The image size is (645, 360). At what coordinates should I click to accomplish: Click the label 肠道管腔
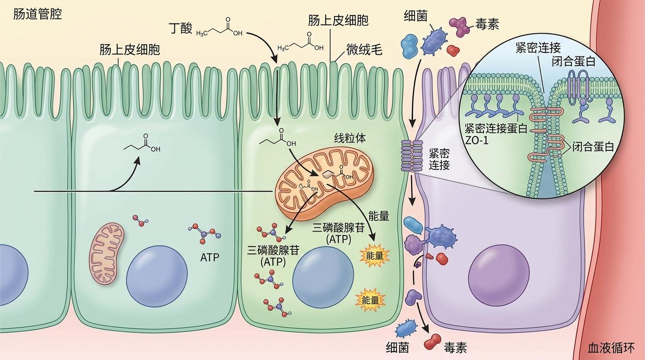(37, 14)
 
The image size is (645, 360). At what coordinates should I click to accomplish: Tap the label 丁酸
(181, 28)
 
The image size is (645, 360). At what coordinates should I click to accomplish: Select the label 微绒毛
(364, 50)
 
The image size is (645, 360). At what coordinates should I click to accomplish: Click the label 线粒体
(350, 139)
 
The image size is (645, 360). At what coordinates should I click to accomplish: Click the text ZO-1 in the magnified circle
(477, 141)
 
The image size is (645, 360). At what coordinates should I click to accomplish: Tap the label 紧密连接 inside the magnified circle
(538, 48)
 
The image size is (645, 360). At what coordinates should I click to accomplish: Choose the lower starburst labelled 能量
(370, 300)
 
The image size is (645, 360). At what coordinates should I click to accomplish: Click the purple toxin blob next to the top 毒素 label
(459, 27)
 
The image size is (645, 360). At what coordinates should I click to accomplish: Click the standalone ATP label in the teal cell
(210, 257)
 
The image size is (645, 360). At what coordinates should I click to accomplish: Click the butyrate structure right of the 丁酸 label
(219, 28)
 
